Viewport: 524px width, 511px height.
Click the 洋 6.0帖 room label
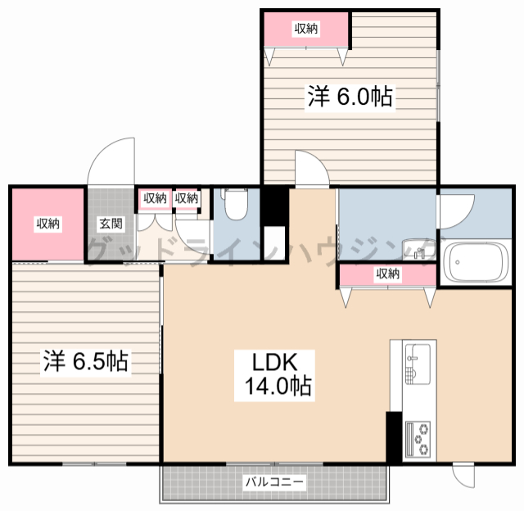pos(350,97)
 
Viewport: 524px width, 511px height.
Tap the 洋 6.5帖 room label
pos(85,361)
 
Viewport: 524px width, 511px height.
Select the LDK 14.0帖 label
pos(275,374)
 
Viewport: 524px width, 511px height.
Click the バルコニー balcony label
pos(275,482)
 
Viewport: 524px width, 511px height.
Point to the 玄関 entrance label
pos(111,224)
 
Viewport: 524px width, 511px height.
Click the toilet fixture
pos(236,204)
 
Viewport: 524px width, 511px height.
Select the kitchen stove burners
pos(418,440)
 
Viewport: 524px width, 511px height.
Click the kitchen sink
pos(418,364)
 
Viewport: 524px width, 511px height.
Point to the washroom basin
pos(418,249)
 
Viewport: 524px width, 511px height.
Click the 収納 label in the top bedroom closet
pos(306,29)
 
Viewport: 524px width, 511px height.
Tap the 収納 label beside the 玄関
pos(48,224)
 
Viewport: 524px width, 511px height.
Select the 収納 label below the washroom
pos(387,274)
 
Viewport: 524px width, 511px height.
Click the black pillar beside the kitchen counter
pos(394,437)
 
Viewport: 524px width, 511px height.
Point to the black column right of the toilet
pos(275,206)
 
